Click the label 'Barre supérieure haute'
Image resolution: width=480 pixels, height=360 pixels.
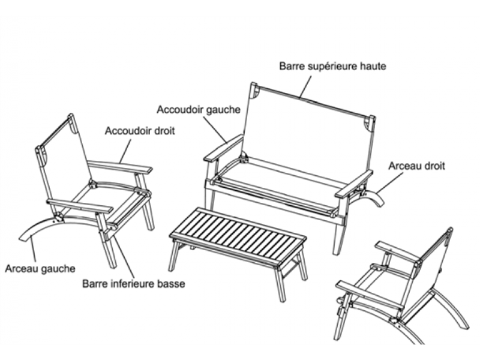(332, 67)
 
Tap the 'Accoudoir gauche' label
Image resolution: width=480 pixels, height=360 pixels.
(199, 110)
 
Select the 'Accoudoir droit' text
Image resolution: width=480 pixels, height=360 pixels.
(140, 131)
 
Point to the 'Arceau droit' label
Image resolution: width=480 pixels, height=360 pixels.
(416, 166)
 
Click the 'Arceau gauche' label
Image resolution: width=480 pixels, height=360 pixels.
(40, 268)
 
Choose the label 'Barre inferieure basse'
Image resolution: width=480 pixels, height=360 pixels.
(133, 283)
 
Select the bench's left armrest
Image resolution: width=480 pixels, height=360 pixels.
(223, 148)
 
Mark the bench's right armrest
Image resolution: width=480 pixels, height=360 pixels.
(354, 184)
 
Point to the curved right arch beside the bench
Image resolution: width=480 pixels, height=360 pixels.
(372, 197)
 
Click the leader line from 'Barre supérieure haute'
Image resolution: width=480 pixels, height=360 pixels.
(305, 87)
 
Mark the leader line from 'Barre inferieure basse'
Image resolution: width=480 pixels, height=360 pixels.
(124, 257)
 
